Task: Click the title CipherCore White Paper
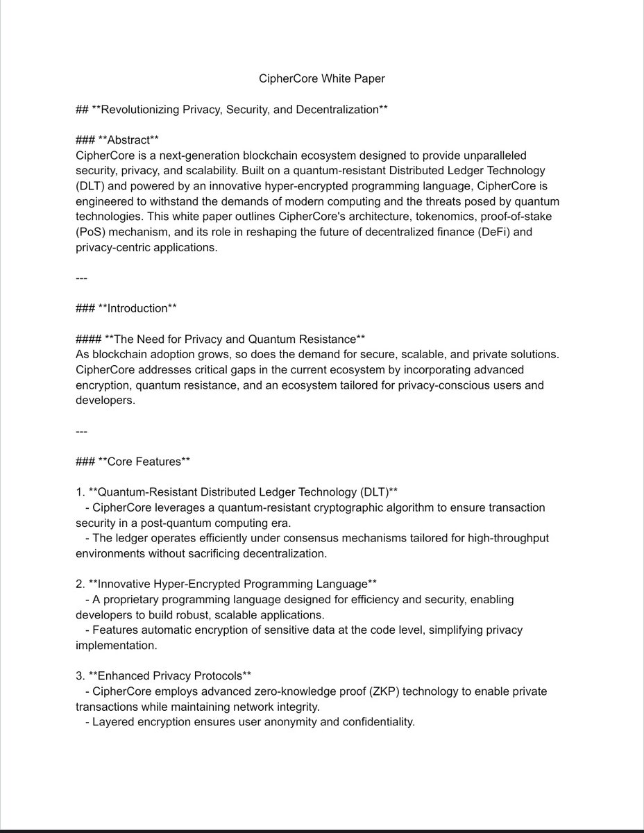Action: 321,78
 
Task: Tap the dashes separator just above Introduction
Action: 81,278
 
